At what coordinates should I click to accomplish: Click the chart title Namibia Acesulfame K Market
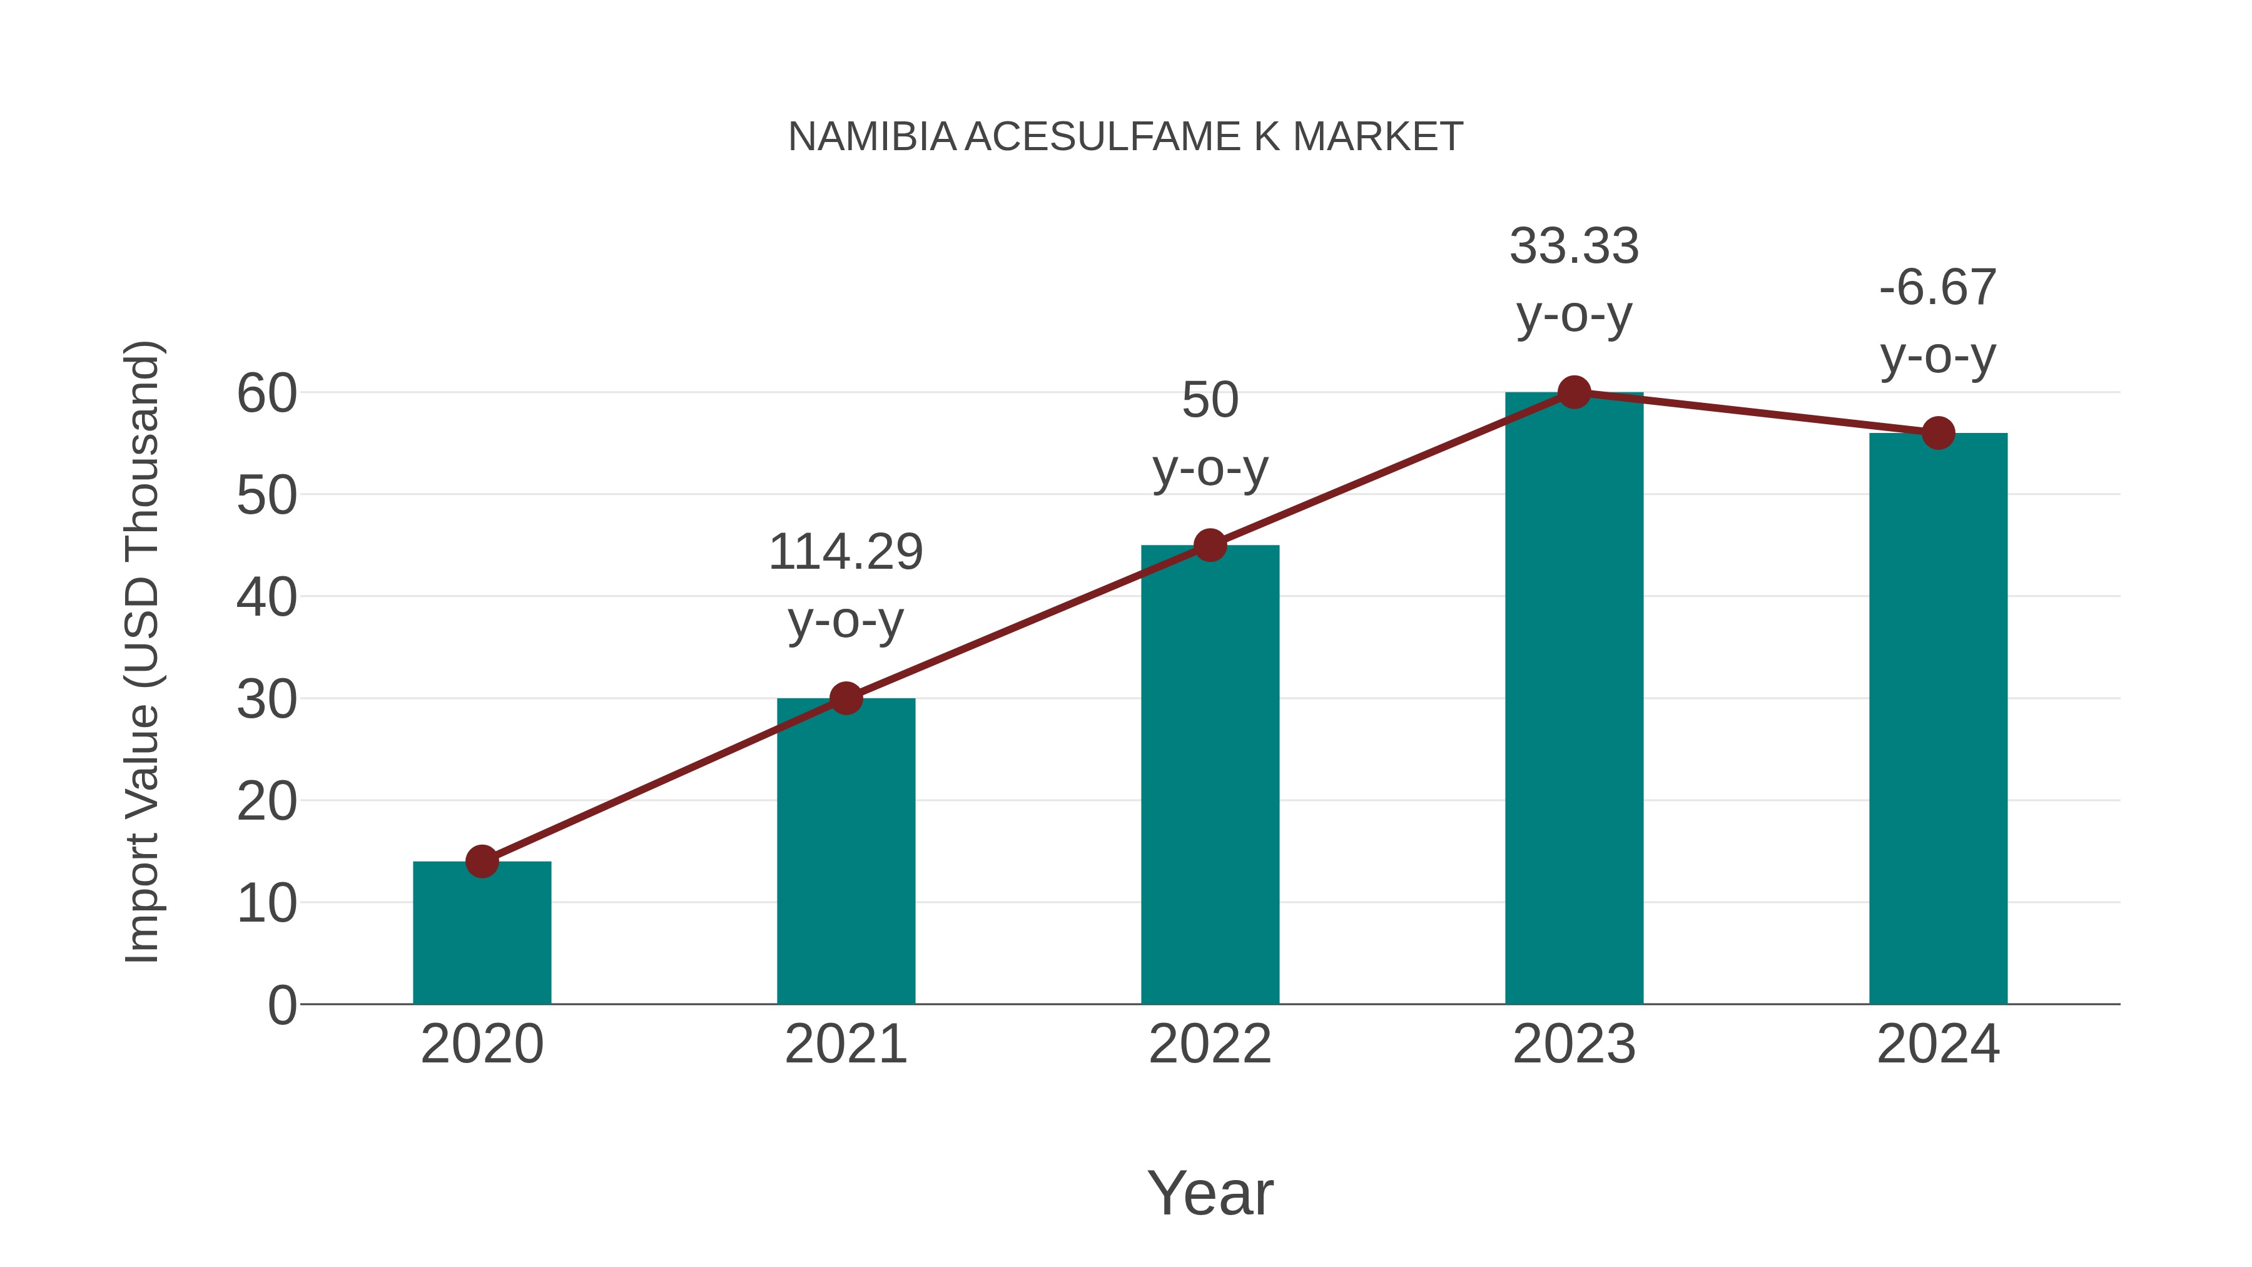[x=1125, y=137]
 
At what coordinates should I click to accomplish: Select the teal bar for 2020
[x=482, y=935]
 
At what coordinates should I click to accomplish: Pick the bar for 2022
[x=1210, y=778]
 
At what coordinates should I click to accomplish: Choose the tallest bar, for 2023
[x=1574, y=700]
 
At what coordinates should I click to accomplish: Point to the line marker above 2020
[x=482, y=862]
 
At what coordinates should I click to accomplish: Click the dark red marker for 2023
[x=1574, y=392]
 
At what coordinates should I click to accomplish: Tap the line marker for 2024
[x=1938, y=433]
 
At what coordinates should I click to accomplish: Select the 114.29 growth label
[x=845, y=552]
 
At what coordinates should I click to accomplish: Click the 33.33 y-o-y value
[x=1574, y=247]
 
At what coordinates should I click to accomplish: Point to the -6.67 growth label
[x=1938, y=288]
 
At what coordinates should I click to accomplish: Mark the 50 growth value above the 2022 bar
[x=1210, y=400]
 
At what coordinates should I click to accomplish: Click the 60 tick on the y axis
[x=266, y=394]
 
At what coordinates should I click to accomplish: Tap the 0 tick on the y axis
[x=281, y=1005]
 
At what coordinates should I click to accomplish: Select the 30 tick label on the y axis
[x=266, y=700]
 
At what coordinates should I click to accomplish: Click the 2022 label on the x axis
[x=1210, y=1044]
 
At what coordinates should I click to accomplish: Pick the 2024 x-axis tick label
[x=1938, y=1044]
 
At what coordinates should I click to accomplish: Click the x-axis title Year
[x=1210, y=1194]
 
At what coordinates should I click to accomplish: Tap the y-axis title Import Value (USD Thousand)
[x=141, y=651]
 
